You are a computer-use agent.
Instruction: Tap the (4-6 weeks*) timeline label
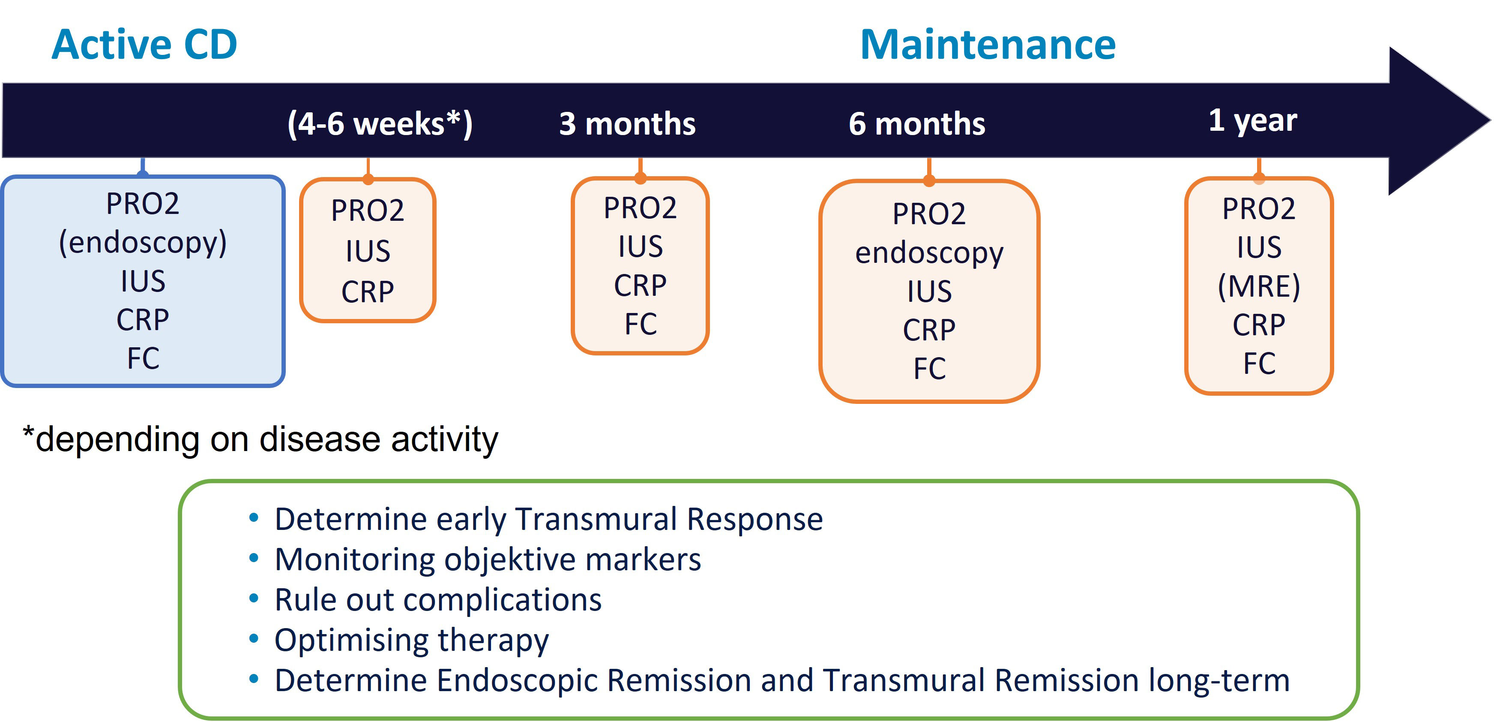(x=380, y=123)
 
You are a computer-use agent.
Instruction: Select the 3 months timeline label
(x=627, y=123)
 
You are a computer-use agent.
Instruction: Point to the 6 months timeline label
(x=916, y=123)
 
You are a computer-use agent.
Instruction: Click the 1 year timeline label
(x=1253, y=121)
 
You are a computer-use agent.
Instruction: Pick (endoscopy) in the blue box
(x=143, y=243)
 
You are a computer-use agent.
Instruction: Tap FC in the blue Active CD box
(x=143, y=358)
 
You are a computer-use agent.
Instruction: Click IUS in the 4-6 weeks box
(x=368, y=251)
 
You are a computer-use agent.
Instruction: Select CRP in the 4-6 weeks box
(x=368, y=292)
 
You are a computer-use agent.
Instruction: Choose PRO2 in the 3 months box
(x=640, y=208)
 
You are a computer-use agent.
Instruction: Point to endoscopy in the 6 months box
(x=929, y=253)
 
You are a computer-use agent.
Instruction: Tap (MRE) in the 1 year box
(x=1258, y=286)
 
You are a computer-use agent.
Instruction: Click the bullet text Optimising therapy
(x=412, y=640)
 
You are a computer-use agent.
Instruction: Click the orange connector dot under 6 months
(x=929, y=180)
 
